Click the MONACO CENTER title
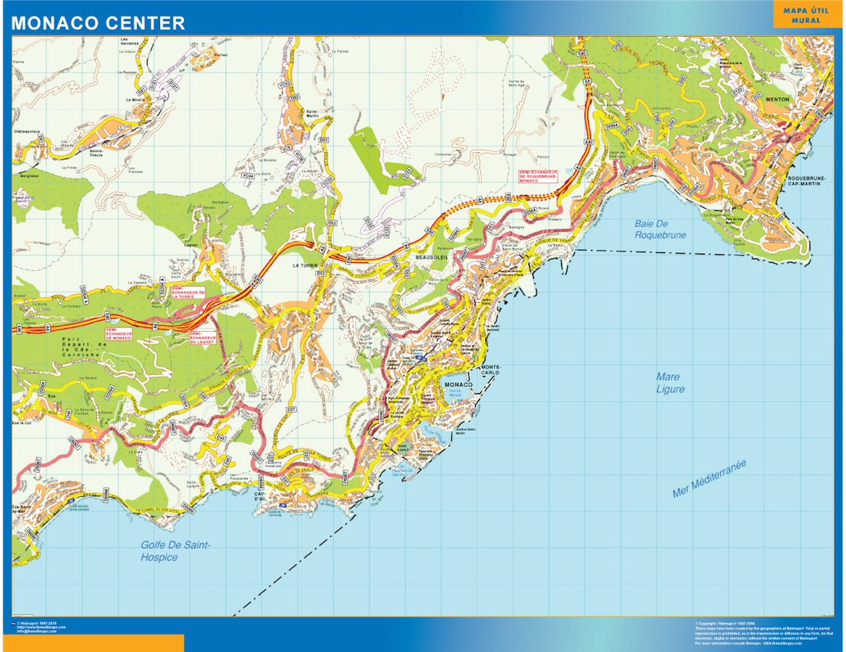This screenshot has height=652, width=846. coord(98,23)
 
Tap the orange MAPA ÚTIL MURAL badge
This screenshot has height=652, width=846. coord(806,15)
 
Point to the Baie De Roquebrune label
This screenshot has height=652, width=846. coord(660,229)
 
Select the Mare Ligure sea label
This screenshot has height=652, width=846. coord(670,383)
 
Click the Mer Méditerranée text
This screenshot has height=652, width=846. coord(709,480)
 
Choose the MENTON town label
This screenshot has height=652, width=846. coord(776,98)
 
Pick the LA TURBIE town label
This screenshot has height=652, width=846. coord(306,266)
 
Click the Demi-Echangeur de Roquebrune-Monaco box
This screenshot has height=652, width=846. coord(539,176)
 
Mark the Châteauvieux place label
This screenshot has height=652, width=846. coord(26,132)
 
